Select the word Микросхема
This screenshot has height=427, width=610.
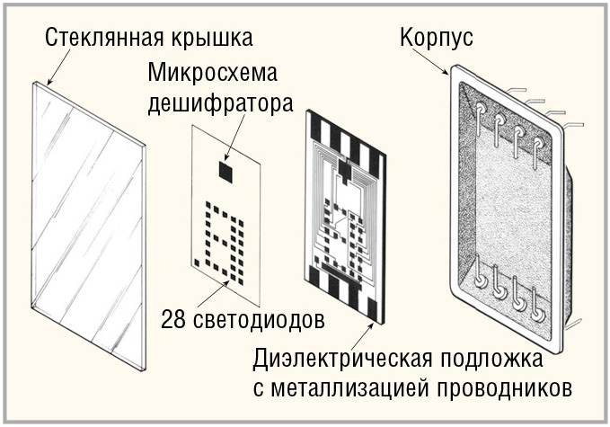coord(212,73)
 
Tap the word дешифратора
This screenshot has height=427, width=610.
coord(220,104)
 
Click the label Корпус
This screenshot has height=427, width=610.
coord(437,38)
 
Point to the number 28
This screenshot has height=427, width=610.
coord(173,319)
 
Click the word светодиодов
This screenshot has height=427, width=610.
coord(259,319)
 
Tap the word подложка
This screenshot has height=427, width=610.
coord(491,359)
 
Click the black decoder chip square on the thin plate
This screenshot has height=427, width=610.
coord(226,172)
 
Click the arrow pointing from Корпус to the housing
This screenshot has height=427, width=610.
coord(434,61)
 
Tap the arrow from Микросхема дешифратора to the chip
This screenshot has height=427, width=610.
coord(234,137)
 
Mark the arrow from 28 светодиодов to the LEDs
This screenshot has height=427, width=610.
coord(213,294)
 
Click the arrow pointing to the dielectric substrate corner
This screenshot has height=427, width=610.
coord(363,337)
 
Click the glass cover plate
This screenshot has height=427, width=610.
coord(89,226)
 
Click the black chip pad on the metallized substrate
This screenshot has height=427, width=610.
coord(344,170)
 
